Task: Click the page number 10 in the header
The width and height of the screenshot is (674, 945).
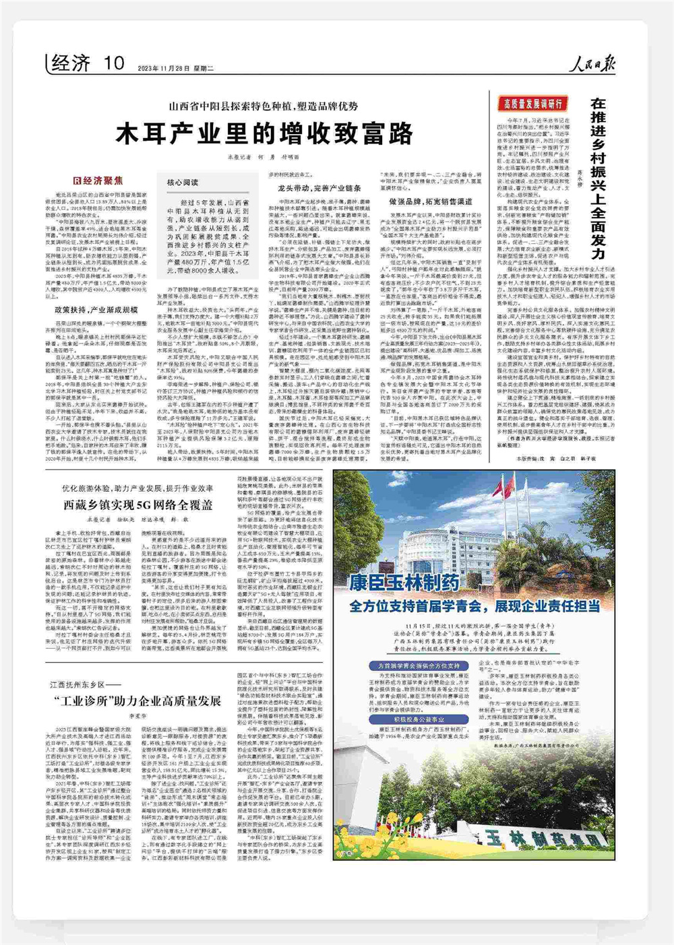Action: (115, 63)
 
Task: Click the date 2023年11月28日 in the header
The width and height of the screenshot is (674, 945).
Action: (166, 68)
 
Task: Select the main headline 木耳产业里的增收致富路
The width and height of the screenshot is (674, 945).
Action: (264, 134)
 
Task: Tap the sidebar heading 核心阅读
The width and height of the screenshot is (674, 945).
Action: (183, 183)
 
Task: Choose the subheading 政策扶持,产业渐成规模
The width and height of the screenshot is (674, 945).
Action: (96, 311)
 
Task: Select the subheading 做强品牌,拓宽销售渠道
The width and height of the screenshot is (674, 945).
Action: (431, 201)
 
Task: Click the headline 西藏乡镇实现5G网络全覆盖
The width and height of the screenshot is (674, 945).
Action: (138, 504)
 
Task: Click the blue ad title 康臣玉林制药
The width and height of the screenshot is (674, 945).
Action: (404, 583)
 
